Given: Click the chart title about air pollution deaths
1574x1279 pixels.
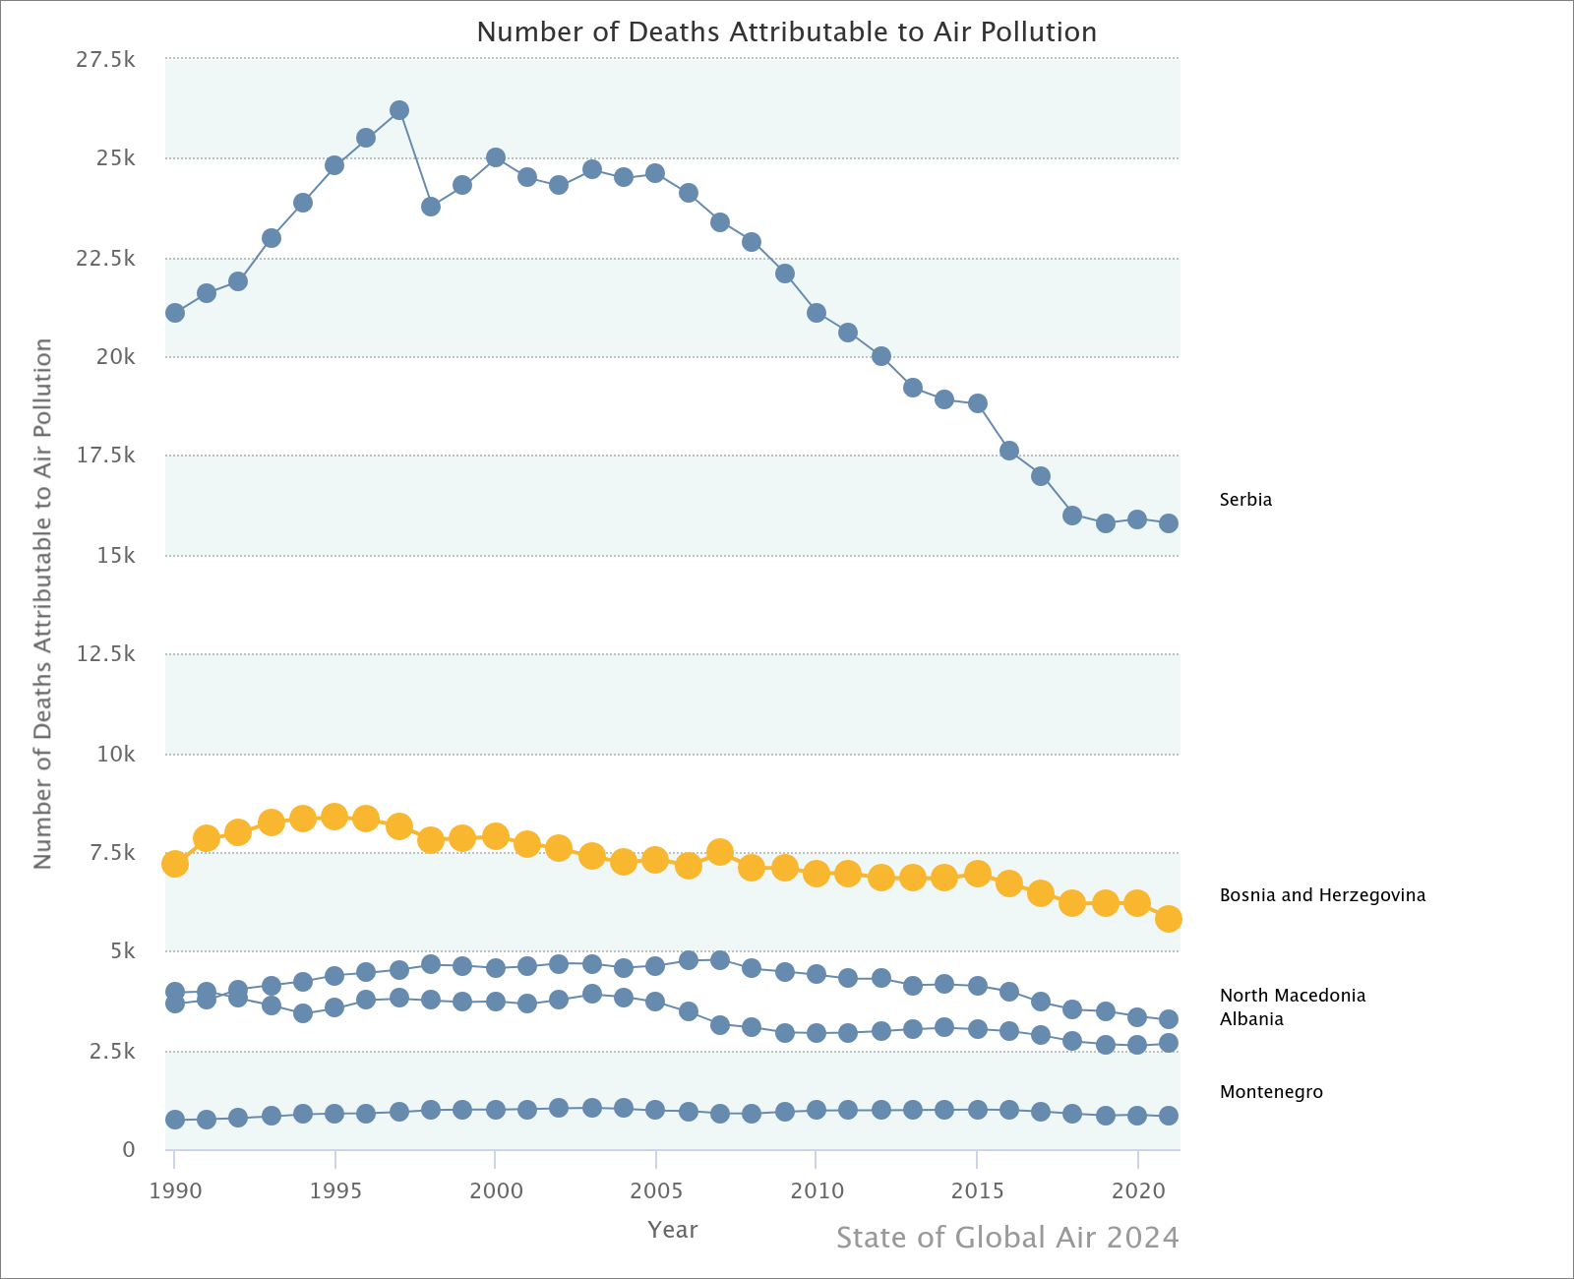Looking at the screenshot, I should tap(786, 32).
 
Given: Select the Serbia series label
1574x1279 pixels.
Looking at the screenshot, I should tap(1245, 500).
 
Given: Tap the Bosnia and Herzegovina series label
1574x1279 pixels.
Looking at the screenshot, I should tap(1322, 895).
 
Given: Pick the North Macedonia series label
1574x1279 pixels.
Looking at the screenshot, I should tap(1293, 996).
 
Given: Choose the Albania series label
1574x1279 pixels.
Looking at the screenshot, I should tap(1251, 1019).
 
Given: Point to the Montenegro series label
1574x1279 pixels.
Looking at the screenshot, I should tap(1271, 1092).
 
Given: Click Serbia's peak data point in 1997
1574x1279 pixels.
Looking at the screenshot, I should tap(399, 110).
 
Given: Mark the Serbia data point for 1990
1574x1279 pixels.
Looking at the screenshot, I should tap(175, 313).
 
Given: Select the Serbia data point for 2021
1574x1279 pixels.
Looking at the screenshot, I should tap(1169, 523).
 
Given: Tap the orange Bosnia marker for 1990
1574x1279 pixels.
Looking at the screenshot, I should tap(175, 864).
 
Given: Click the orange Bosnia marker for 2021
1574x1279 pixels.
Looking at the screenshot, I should tap(1169, 919).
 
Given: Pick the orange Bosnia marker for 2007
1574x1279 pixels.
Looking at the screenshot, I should tap(720, 852).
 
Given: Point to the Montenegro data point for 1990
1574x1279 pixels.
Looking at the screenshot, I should tap(175, 1120).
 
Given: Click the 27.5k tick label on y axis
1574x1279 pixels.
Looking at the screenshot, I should tap(105, 60).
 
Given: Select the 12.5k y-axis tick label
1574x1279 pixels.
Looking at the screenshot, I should tap(105, 654).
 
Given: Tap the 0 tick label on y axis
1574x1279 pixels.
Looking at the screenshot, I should tap(128, 1150).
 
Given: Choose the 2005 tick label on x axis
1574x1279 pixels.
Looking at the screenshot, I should tap(655, 1191).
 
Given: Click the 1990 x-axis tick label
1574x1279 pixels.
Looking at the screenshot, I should tap(175, 1191).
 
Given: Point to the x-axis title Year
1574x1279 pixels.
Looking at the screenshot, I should tap(673, 1230).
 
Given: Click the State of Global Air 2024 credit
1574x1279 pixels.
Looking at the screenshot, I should tap(1007, 1238).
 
